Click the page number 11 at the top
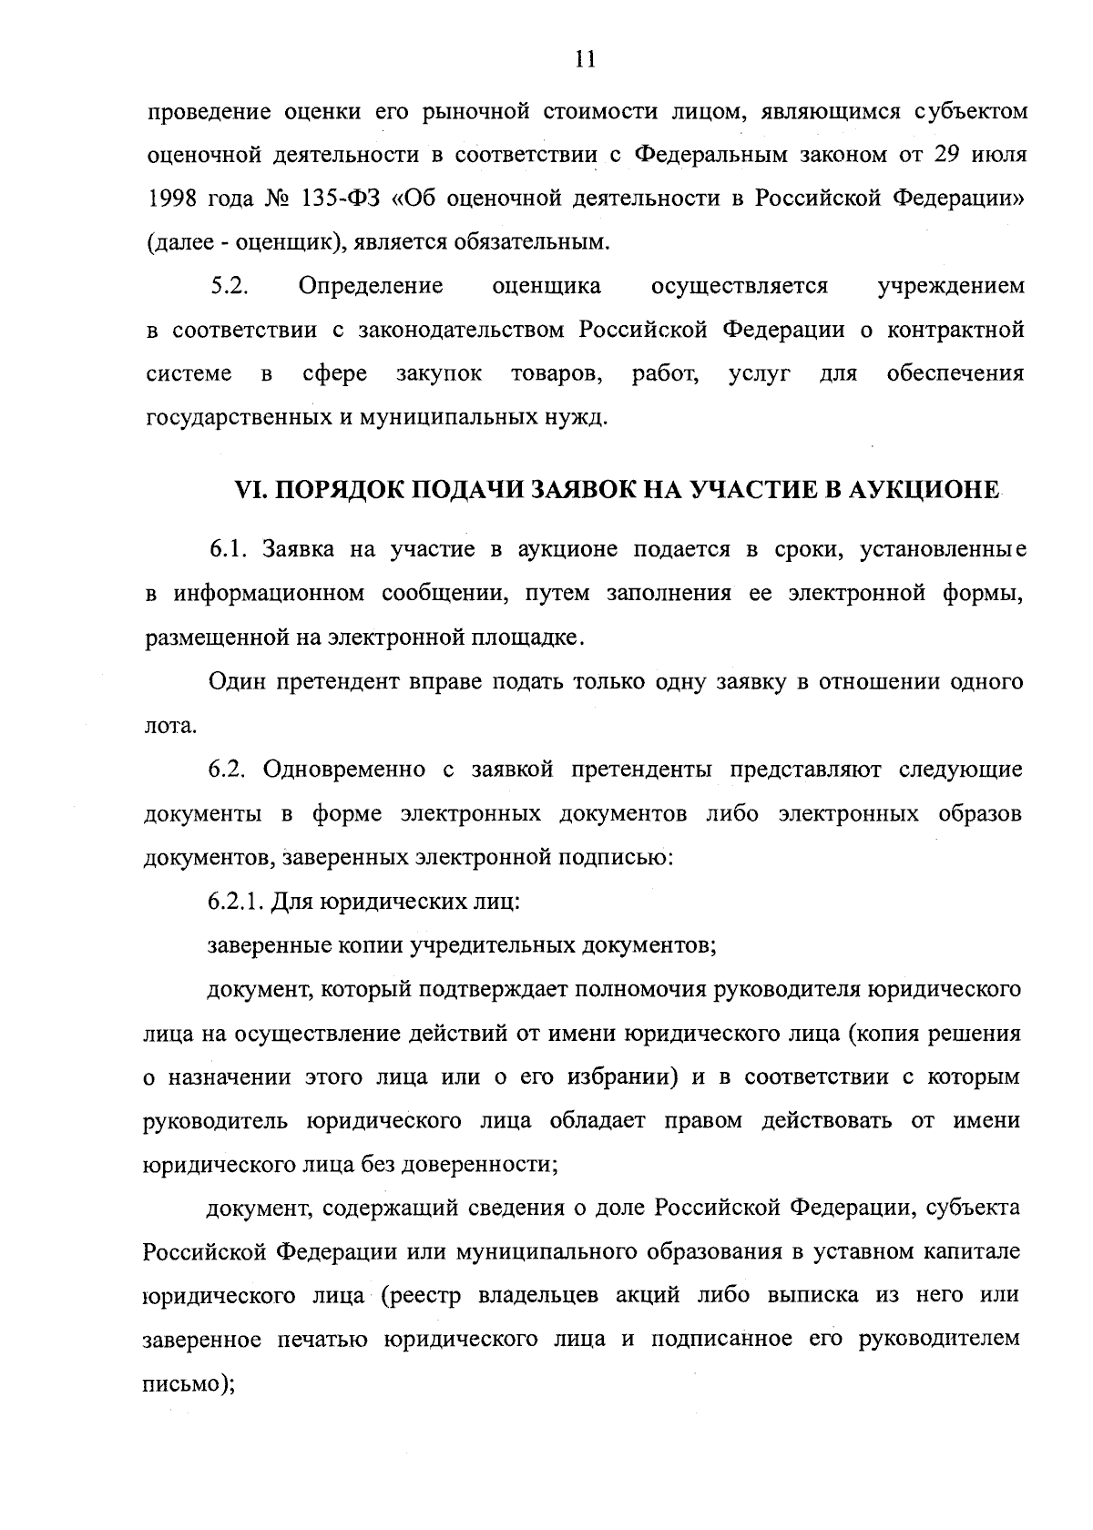click(x=586, y=60)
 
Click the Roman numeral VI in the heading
click(x=250, y=491)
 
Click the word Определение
click(x=371, y=286)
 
